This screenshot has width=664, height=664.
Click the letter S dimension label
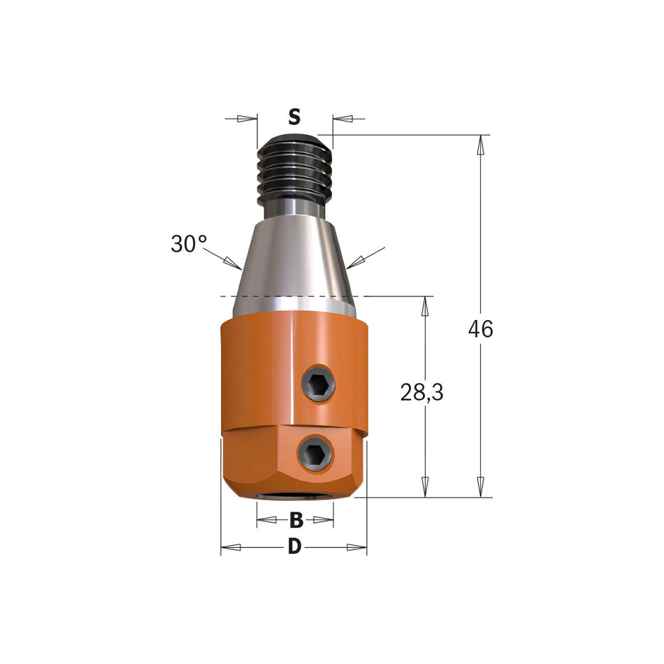click(x=294, y=117)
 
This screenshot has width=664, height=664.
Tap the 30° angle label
click(x=189, y=244)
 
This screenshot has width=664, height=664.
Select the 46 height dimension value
click(x=480, y=329)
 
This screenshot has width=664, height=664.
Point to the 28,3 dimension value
click(x=421, y=393)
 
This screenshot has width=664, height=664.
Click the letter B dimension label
click(x=296, y=520)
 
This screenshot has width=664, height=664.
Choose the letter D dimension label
click(x=294, y=547)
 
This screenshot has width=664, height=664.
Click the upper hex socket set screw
click(x=318, y=384)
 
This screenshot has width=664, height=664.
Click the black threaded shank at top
click(x=294, y=171)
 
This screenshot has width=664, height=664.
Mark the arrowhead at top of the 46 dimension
click(x=480, y=145)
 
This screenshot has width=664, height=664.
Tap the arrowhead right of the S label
click(x=342, y=118)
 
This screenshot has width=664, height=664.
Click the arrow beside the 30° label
click(x=233, y=263)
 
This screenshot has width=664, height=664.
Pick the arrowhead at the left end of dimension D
click(x=231, y=547)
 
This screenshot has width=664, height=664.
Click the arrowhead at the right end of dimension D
click(x=357, y=547)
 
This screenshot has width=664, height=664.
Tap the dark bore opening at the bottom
click(x=294, y=498)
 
